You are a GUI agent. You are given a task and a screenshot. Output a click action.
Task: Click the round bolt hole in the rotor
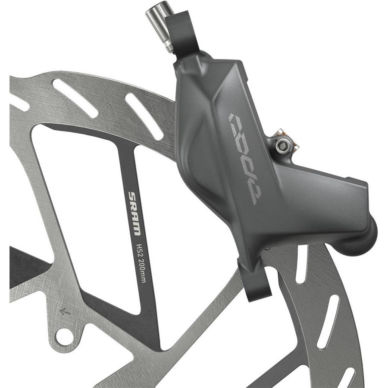pyautogui.click(x=64, y=336)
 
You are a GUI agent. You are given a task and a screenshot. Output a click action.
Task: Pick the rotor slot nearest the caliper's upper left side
pyautogui.click(x=144, y=116)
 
